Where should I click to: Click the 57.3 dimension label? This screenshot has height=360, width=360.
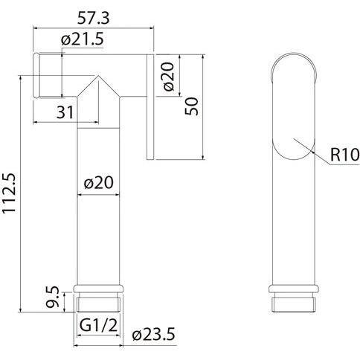point(93,18)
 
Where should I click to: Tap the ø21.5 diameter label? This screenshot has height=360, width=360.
point(82,39)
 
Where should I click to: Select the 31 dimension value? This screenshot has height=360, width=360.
point(65,112)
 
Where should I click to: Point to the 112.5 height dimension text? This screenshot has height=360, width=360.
point(10,193)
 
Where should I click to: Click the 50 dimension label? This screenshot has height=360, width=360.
point(192,106)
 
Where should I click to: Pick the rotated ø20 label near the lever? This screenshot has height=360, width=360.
point(169,77)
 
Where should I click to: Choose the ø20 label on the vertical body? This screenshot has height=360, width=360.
point(98,183)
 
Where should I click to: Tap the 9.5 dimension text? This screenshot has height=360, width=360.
point(53,297)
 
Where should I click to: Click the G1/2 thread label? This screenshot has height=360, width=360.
point(98,326)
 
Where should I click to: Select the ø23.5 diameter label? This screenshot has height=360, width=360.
point(153,334)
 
